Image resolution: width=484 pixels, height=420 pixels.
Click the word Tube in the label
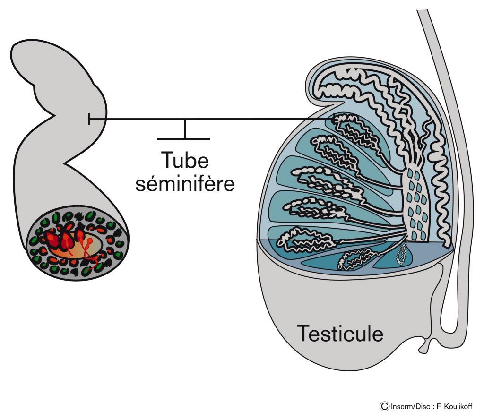point(185,161)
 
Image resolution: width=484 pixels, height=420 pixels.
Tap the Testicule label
point(340,334)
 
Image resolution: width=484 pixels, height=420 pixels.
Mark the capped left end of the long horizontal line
point(89,120)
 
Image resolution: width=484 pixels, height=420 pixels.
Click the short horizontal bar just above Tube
point(183,139)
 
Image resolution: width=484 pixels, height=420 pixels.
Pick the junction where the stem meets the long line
point(185,120)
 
